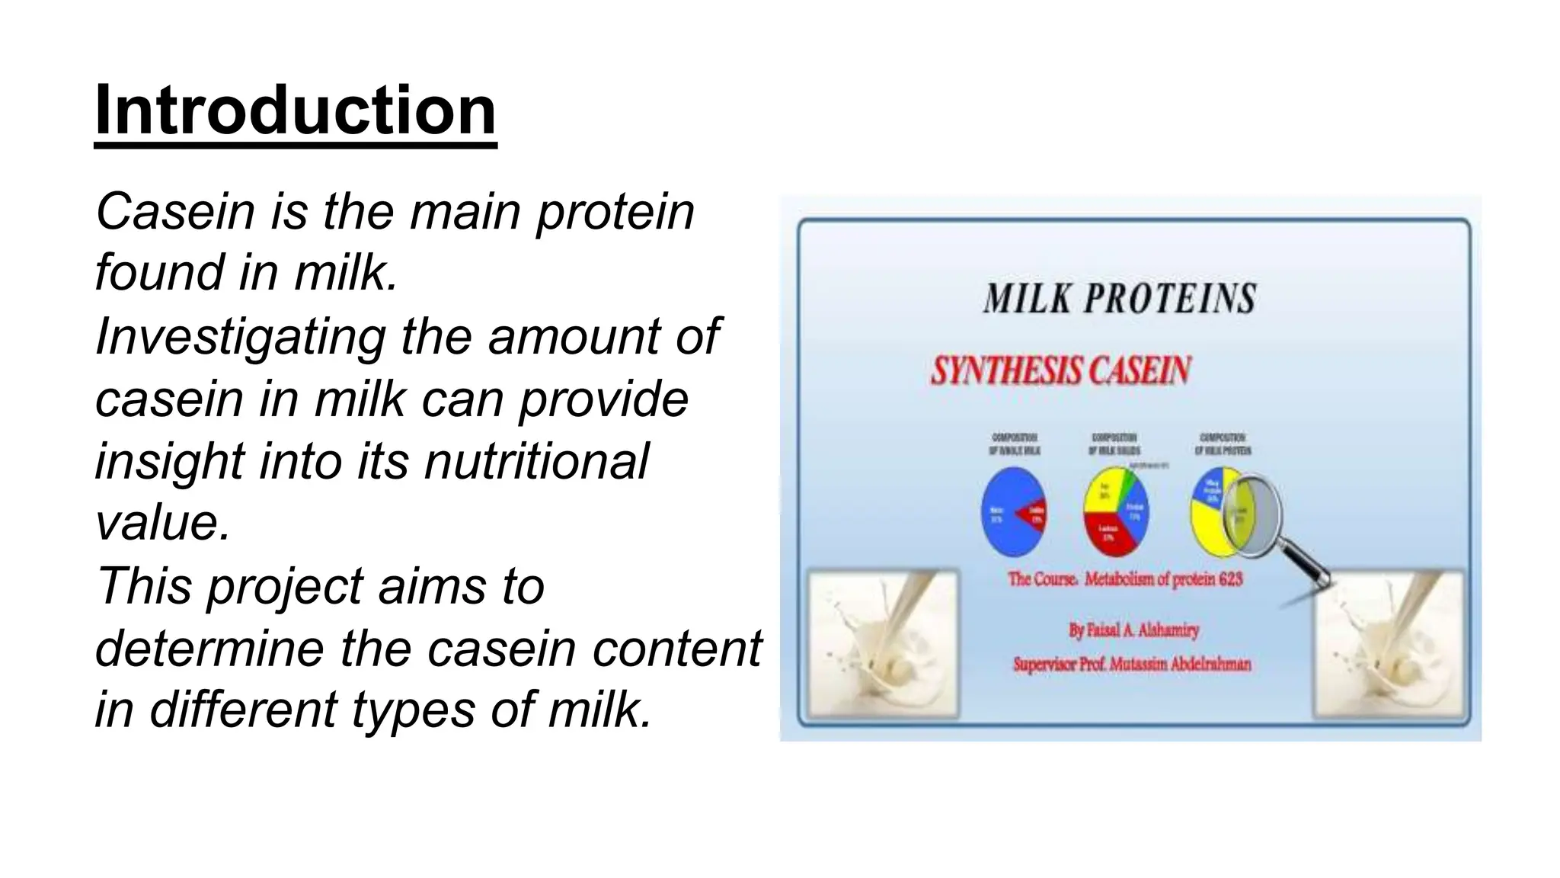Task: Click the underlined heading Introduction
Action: [x=296, y=111]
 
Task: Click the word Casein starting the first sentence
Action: [x=174, y=212]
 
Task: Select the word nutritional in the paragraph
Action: [x=536, y=461]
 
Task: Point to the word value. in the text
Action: [x=162, y=524]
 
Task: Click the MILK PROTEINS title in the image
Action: [x=1119, y=299]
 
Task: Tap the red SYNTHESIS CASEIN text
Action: [x=1060, y=371]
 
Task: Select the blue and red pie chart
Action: [x=1013, y=513]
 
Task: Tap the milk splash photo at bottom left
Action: [x=881, y=645]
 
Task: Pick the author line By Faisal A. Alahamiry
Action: [x=1133, y=630]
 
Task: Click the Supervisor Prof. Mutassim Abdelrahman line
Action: [x=1132, y=665]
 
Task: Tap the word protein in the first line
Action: [x=615, y=213]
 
